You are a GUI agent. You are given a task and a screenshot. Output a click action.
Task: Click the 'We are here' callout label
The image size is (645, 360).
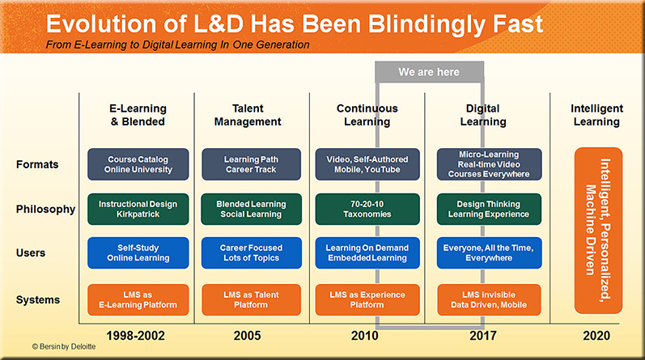point(429,72)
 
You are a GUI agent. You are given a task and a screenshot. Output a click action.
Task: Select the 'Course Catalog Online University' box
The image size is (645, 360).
point(138,164)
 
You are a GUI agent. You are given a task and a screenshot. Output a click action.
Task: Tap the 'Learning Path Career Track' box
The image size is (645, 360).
point(252,164)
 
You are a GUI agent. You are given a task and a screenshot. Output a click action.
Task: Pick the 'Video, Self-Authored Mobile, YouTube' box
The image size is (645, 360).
point(367,164)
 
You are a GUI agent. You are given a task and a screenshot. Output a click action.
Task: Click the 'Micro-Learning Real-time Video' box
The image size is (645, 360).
point(489,164)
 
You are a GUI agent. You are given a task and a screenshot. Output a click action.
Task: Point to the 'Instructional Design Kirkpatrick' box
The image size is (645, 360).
point(138,209)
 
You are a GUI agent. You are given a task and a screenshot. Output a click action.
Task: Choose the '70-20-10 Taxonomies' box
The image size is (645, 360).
point(367,209)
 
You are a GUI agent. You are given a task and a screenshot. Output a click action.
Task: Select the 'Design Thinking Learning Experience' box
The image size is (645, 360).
point(489,209)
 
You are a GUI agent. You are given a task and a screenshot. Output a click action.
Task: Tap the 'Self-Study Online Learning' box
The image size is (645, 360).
point(138,252)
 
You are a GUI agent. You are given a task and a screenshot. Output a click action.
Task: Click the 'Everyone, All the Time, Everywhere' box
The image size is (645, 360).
point(489,252)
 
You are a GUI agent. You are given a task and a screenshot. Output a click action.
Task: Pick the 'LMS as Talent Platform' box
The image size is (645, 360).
point(252,299)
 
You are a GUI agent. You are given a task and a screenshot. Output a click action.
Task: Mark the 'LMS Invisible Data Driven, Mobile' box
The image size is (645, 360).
point(489,299)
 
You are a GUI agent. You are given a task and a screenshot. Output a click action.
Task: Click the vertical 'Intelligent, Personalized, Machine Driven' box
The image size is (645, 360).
point(599,231)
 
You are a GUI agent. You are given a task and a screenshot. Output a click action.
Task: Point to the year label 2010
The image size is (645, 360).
point(364,336)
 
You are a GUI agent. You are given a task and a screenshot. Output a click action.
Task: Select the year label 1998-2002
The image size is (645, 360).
point(136,336)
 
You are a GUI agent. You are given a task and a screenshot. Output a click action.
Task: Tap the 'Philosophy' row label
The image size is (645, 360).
point(45,210)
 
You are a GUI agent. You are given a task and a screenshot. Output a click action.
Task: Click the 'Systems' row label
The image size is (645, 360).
point(38,300)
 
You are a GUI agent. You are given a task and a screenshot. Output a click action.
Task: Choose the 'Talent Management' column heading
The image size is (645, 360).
point(248,115)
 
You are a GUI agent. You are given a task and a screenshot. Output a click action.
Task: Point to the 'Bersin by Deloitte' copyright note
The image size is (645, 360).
point(64,346)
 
